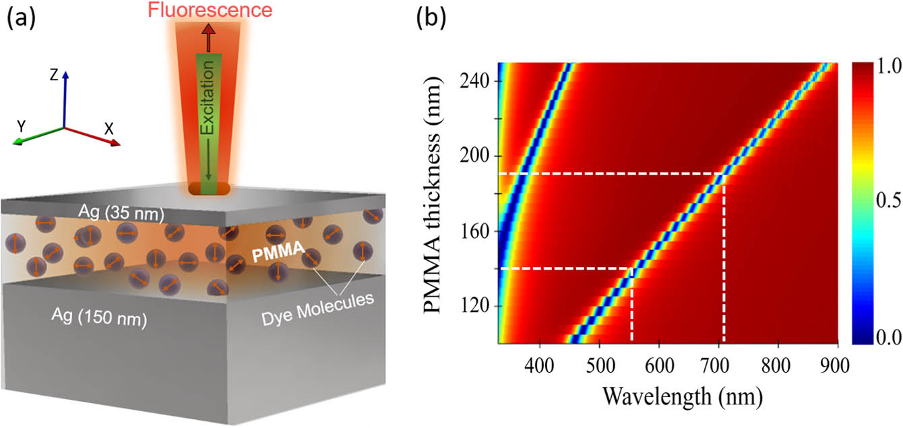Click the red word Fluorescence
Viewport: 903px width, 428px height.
tap(210, 9)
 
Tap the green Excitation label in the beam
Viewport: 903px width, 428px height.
tap(208, 98)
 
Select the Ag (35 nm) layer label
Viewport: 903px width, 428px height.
tap(121, 212)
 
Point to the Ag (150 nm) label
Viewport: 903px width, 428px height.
tap(99, 317)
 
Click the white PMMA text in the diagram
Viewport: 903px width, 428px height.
tap(278, 251)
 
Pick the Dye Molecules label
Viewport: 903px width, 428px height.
tap(317, 309)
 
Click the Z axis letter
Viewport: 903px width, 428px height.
tap(54, 75)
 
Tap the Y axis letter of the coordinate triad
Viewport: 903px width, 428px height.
tap(21, 127)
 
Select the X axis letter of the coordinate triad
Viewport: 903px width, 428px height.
tap(109, 129)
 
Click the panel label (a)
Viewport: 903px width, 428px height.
tap(21, 19)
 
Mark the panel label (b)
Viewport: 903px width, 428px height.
tap(431, 19)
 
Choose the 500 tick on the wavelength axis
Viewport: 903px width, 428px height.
tap(600, 366)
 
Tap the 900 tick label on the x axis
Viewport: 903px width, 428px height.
tap(834, 366)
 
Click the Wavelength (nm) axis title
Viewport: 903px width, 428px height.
tap(683, 396)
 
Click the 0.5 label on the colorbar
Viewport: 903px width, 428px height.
tap(888, 200)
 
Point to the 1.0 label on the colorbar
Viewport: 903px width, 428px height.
tap(888, 66)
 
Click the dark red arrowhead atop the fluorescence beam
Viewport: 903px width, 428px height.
tap(208, 29)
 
